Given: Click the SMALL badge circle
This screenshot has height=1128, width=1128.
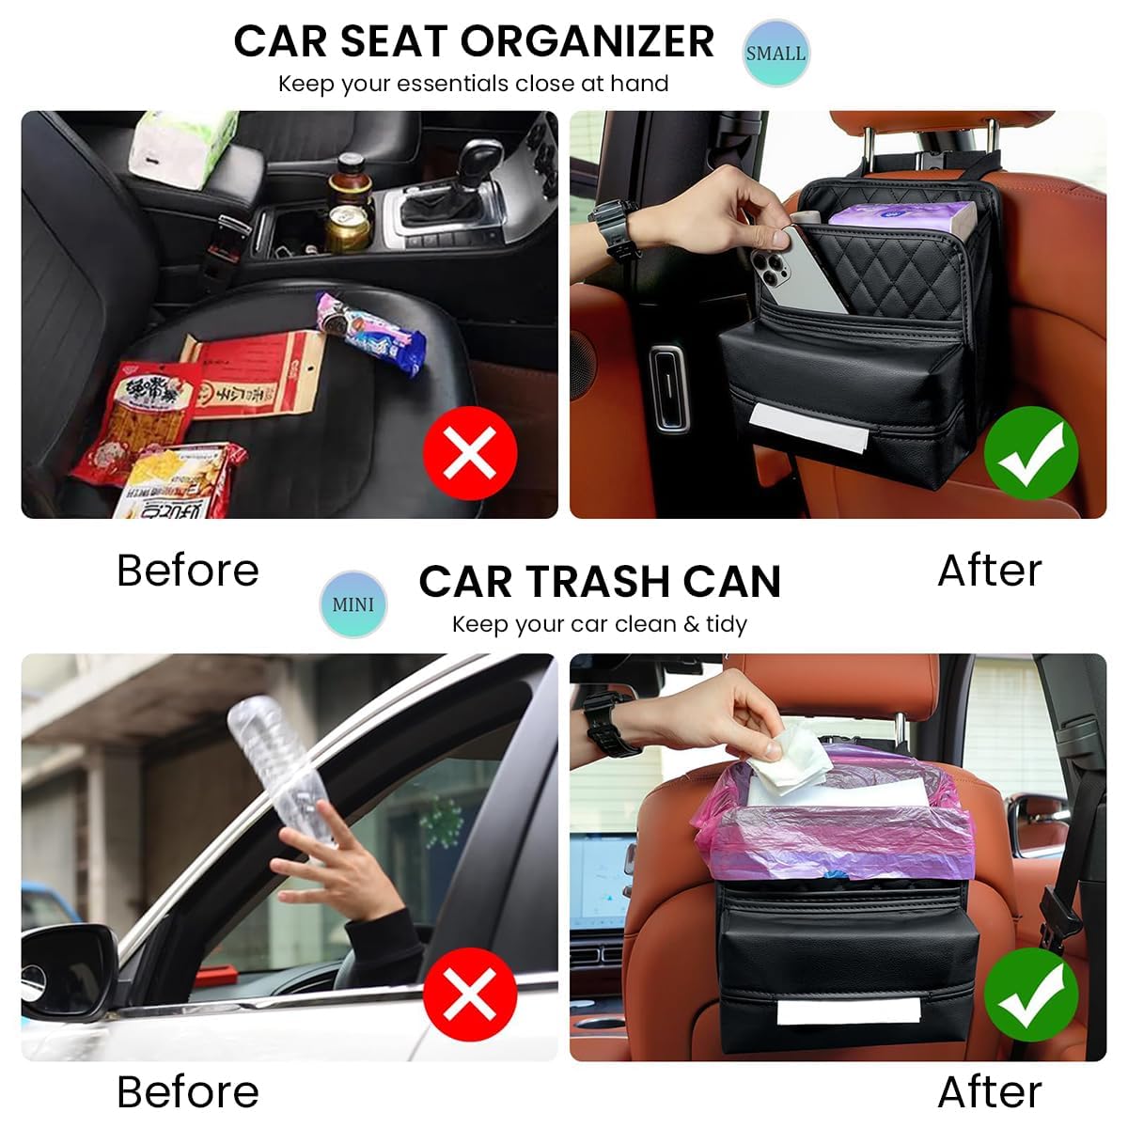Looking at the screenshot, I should click(x=775, y=53).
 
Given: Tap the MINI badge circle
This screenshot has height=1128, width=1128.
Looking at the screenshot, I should click(x=352, y=603).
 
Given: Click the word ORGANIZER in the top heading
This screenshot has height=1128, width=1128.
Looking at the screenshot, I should click(x=587, y=41).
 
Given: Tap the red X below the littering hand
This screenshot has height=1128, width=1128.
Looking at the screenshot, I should click(x=469, y=994).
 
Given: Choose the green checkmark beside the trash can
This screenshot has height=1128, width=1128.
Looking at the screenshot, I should click(x=1030, y=994).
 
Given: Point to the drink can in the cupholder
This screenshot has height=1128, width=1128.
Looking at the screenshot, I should click(x=348, y=227).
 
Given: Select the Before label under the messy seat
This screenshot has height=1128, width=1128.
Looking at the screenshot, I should click(x=188, y=571).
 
